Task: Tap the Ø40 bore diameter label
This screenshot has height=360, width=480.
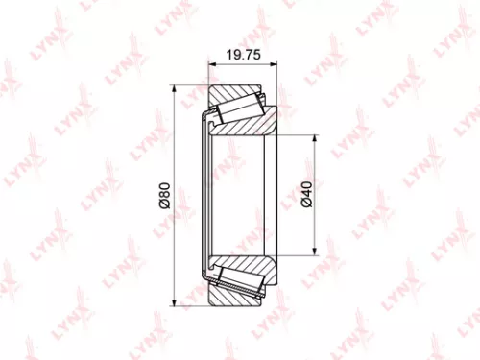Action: click(305, 197)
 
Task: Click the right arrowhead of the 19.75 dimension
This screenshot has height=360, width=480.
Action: click(275, 65)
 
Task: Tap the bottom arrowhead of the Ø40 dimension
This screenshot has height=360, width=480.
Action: click(314, 255)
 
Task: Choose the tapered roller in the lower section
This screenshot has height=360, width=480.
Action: click(237, 284)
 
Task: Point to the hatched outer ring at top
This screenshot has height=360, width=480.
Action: click(245, 93)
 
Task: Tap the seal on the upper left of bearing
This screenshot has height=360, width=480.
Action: click(206, 119)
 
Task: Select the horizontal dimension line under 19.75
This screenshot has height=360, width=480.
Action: click(244, 65)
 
